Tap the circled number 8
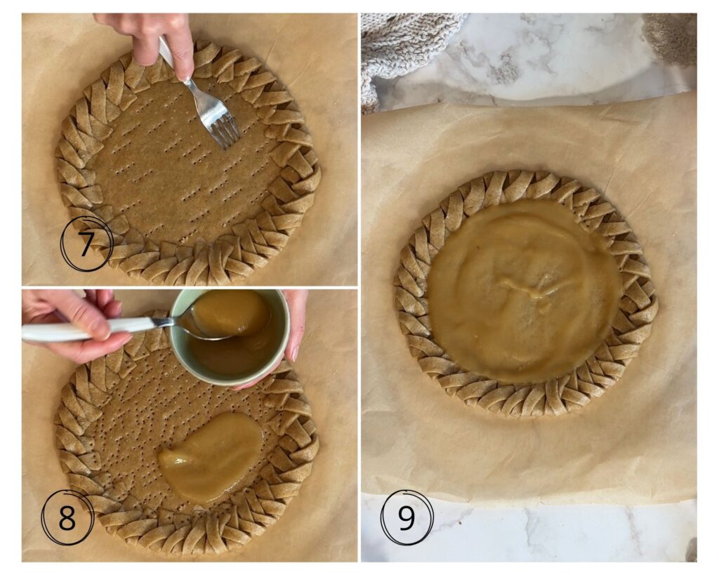[x=67, y=517]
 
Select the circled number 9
[x=407, y=517]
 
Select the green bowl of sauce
[x=230, y=336]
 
